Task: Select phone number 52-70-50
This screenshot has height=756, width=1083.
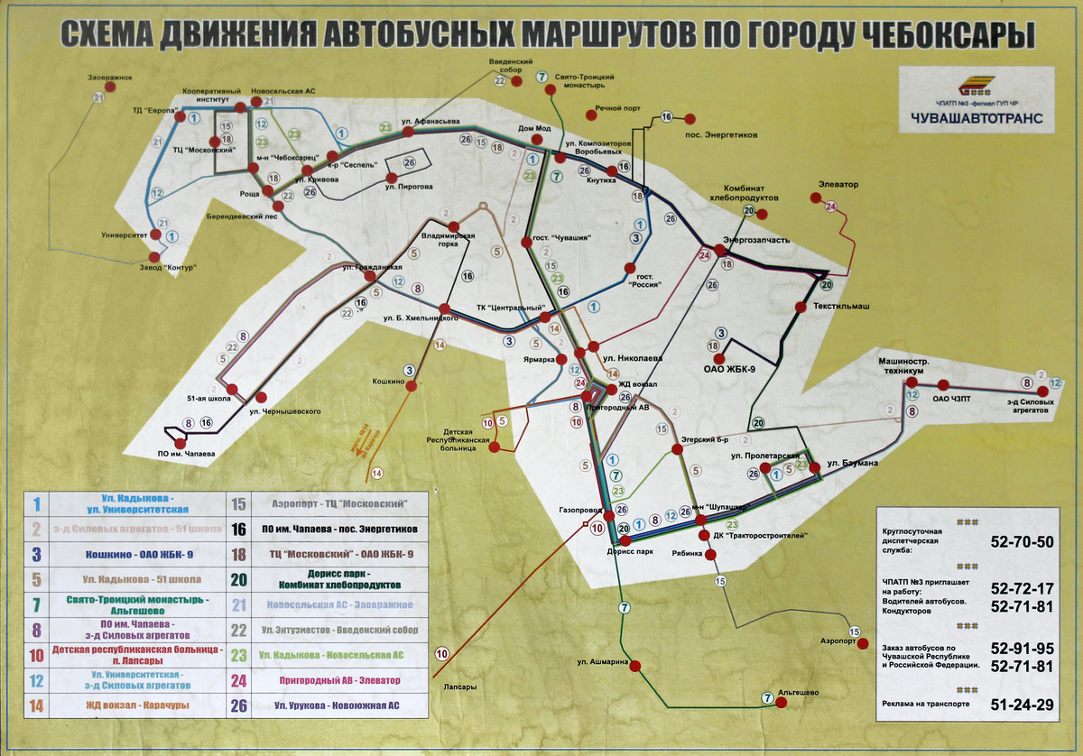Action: pos(1022,542)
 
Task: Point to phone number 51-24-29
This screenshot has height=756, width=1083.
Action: pos(1022,705)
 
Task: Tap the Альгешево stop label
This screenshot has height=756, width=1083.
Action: pos(798,692)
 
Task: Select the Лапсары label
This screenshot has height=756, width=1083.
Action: pos(459,687)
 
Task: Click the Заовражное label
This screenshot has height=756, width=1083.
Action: pos(110,77)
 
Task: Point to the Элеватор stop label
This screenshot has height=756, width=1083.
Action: pos(838,185)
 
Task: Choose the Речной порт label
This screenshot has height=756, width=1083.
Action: pos(618,108)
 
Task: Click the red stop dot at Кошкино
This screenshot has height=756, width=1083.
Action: pos(412,386)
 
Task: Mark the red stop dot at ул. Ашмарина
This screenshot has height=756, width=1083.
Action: pos(634,666)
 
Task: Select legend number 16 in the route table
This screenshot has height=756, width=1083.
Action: pos(239,529)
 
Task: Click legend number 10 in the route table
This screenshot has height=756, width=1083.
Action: pos(37,656)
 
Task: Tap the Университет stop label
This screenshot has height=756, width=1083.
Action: pos(125,235)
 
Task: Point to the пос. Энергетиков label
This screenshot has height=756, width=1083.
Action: pos(721,135)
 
